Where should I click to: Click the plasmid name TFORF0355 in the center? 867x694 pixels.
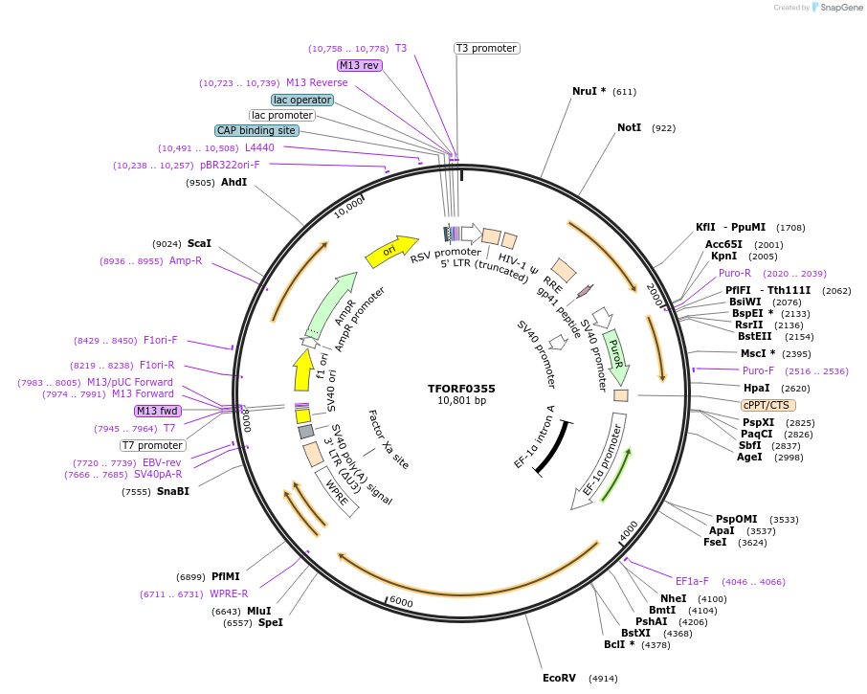pyautogui.click(x=461, y=389)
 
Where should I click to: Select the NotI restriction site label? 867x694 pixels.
pyautogui.click(x=629, y=127)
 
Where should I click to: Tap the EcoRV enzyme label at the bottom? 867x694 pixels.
pyautogui.click(x=559, y=678)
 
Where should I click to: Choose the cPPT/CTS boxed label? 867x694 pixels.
pyautogui.click(x=767, y=405)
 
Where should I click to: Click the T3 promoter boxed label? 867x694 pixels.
pyautogui.click(x=486, y=48)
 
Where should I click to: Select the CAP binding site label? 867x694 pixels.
pyautogui.click(x=256, y=130)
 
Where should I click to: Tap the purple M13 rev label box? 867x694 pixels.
pyautogui.click(x=360, y=65)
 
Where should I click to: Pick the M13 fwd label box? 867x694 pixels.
pyautogui.click(x=158, y=411)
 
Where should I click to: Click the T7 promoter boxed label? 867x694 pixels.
pyautogui.click(x=153, y=445)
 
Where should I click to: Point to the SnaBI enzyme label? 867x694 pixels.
pyautogui.click(x=173, y=491)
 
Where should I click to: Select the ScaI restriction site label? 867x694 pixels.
pyautogui.click(x=199, y=243)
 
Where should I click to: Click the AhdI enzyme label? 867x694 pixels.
pyautogui.click(x=233, y=182)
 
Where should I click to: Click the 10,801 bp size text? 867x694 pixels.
pyautogui.click(x=461, y=401)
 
